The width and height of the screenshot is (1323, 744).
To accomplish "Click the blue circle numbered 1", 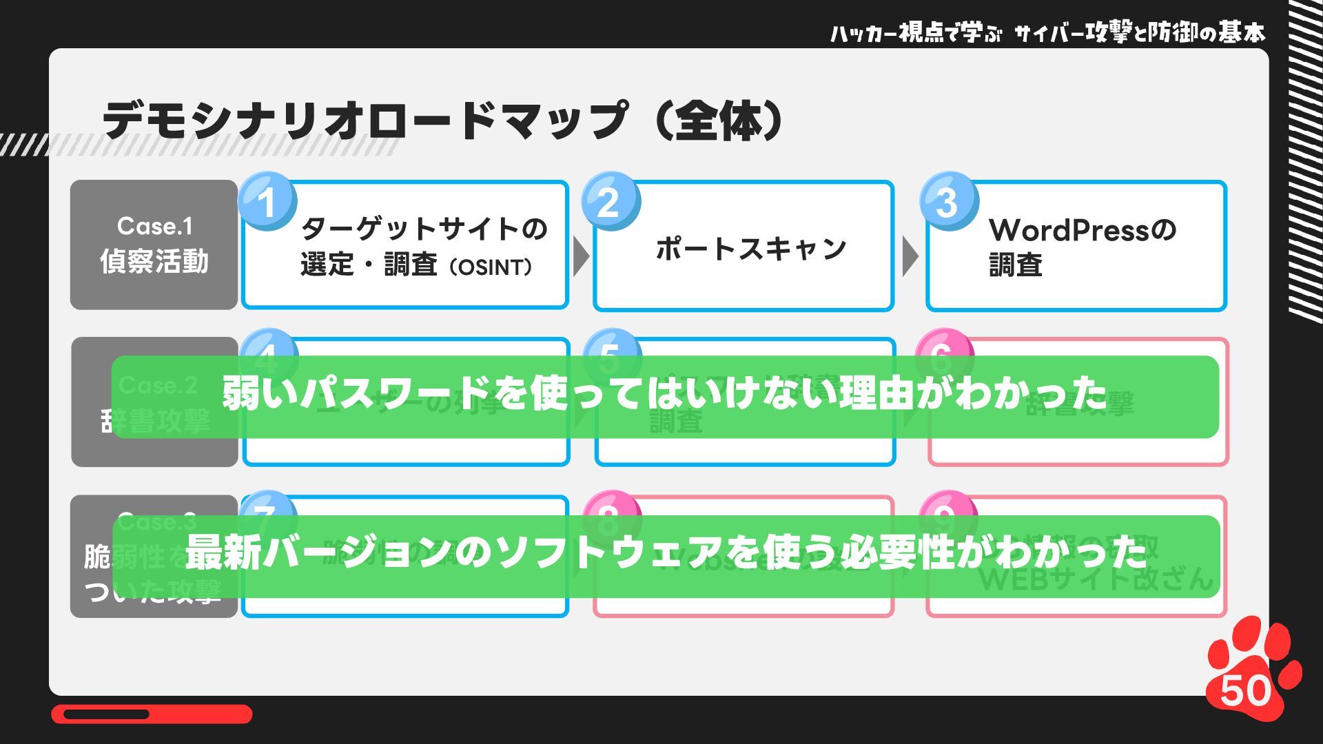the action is [267, 201].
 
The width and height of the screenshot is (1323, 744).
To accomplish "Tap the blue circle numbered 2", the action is [611, 201].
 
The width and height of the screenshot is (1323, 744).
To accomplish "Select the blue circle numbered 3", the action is [949, 201].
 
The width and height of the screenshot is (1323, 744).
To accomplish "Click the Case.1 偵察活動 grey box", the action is [154, 245].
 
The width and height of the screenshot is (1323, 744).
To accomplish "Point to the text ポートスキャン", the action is [750, 248].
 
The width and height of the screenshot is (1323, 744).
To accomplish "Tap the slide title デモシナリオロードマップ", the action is [365, 121].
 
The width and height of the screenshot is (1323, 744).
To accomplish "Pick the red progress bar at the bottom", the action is [152, 714].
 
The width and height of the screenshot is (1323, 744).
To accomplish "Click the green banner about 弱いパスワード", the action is [665, 396].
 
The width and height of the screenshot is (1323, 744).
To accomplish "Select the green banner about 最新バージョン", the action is [665, 555].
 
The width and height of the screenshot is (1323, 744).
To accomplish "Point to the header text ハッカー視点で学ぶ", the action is [915, 33].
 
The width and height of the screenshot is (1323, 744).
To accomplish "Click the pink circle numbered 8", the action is [611, 513].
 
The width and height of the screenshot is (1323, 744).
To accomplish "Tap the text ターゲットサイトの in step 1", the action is [424, 229].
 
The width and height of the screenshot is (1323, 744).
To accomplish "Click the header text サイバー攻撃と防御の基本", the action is [1140, 33].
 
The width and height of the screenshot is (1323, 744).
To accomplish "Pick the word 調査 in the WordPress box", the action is [1016, 265].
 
